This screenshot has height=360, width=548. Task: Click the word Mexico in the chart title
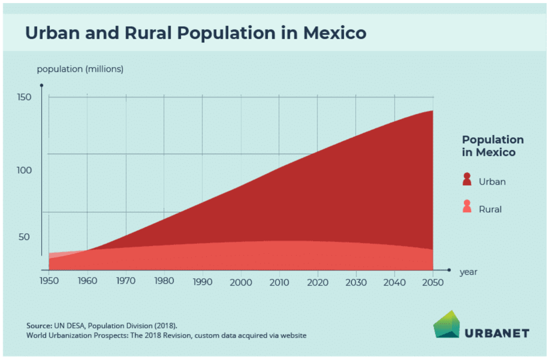click(x=335, y=33)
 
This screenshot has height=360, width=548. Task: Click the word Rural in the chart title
click(x=148, y=33)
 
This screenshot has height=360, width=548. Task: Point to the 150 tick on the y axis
click(x=24, y=97)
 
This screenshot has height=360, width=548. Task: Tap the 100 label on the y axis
click(x=24, y=170)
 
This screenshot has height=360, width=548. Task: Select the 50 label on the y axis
click(x=24, y=237)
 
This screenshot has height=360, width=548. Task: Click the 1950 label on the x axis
click(x=49, y=281)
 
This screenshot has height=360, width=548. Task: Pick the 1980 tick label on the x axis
click(x=164, y=281)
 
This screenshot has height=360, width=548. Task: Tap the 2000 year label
click(x=241, y=282)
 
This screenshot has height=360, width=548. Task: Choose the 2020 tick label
click(x=318, y=282)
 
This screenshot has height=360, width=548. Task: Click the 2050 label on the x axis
click(x=433, y=282)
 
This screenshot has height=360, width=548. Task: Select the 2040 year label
click(x=394, y=282)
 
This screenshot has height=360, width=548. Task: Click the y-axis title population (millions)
click(x=80, y=69)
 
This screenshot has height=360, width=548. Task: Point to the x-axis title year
click(x=468, y=272)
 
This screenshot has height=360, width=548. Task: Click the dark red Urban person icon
click(x=467, y=179)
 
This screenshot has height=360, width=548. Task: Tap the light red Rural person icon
click(x=467, y=206)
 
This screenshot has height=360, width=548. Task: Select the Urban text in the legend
click(x=492, y=182)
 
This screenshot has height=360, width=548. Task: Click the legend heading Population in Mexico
click(x=492, y=146)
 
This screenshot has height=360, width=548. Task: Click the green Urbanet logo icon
click(x=446, y=324)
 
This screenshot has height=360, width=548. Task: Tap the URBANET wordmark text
click(x=497, y=333)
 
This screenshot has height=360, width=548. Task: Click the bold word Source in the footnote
click(x=39, y=326)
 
